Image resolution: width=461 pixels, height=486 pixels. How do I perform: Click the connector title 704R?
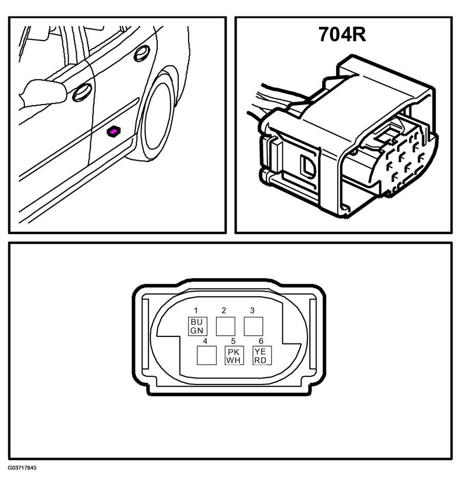[x=342, y=34]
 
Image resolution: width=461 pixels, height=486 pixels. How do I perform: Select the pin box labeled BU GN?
[x=198, y=326]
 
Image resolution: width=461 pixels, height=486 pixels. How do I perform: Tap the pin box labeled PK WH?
[x=234, y=355]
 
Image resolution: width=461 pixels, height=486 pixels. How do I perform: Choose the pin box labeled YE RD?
[x=262, y=355]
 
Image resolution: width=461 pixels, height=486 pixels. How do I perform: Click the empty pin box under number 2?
[x=225, y=326]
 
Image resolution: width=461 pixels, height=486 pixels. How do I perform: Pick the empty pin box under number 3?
[x=254, y=326]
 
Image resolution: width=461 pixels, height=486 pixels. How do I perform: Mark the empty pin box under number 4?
[x=206, y=355]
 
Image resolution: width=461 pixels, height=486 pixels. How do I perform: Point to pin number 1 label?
[x=196, y=310]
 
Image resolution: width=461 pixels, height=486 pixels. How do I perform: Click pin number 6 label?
[x=261, y=341]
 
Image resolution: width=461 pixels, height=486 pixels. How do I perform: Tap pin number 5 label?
[x=233, y=341]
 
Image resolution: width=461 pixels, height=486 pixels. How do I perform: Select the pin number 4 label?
[x=205, y=341]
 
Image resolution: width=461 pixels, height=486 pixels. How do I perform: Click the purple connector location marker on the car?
[x=114, y=132]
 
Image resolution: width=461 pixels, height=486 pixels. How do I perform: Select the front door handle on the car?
[x=82, y=92]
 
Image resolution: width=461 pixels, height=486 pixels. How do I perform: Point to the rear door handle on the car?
[x=142, y=53]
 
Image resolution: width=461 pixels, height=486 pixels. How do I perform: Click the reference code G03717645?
[x=23, y=468]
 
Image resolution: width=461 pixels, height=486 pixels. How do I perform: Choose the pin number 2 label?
[x=224, y=310]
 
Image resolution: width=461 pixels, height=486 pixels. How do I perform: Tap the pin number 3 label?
[x=252, y=310]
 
